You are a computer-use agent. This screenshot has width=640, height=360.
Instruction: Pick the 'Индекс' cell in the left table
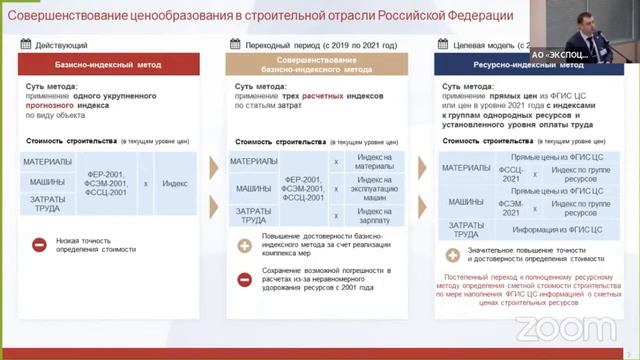pyautogui.click(x=175, y=183)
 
